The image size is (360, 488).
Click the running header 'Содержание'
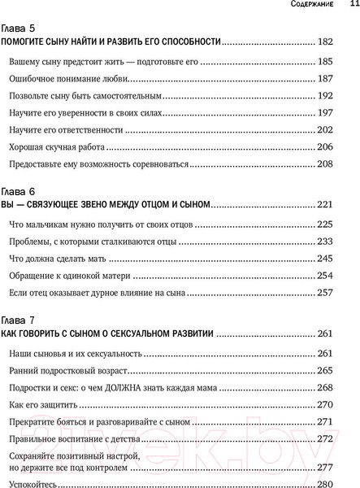pos(307,7)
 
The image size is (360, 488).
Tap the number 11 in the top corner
pos(349,7)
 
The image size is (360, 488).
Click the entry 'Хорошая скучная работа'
pos(61,146)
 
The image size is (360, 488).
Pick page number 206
pos(345,146)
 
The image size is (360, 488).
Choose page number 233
pos(345,241)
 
